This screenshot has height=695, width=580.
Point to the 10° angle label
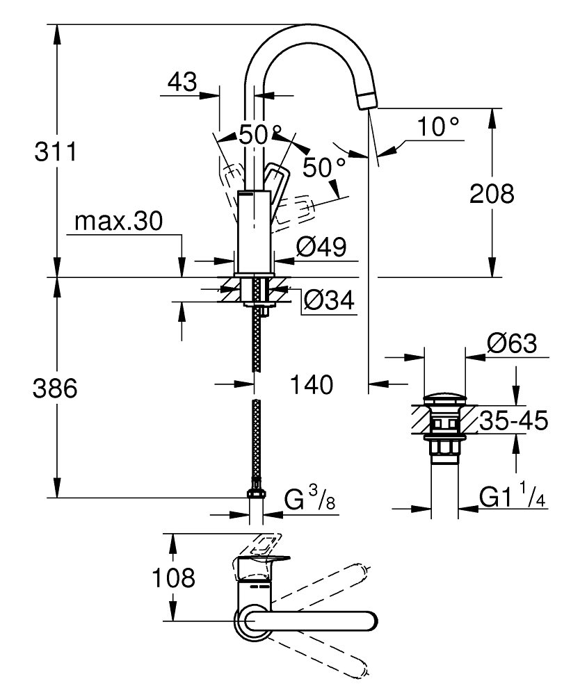click(438, 127)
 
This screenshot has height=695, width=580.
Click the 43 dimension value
click(182, 83)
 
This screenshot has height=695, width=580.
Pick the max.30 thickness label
click(118, 222)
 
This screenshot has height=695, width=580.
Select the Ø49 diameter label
click(321, 247)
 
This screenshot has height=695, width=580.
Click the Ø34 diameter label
click(329, 301)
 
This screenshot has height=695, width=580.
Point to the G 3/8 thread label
click(310, 500)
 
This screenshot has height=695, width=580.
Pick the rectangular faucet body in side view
click(255, 233)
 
